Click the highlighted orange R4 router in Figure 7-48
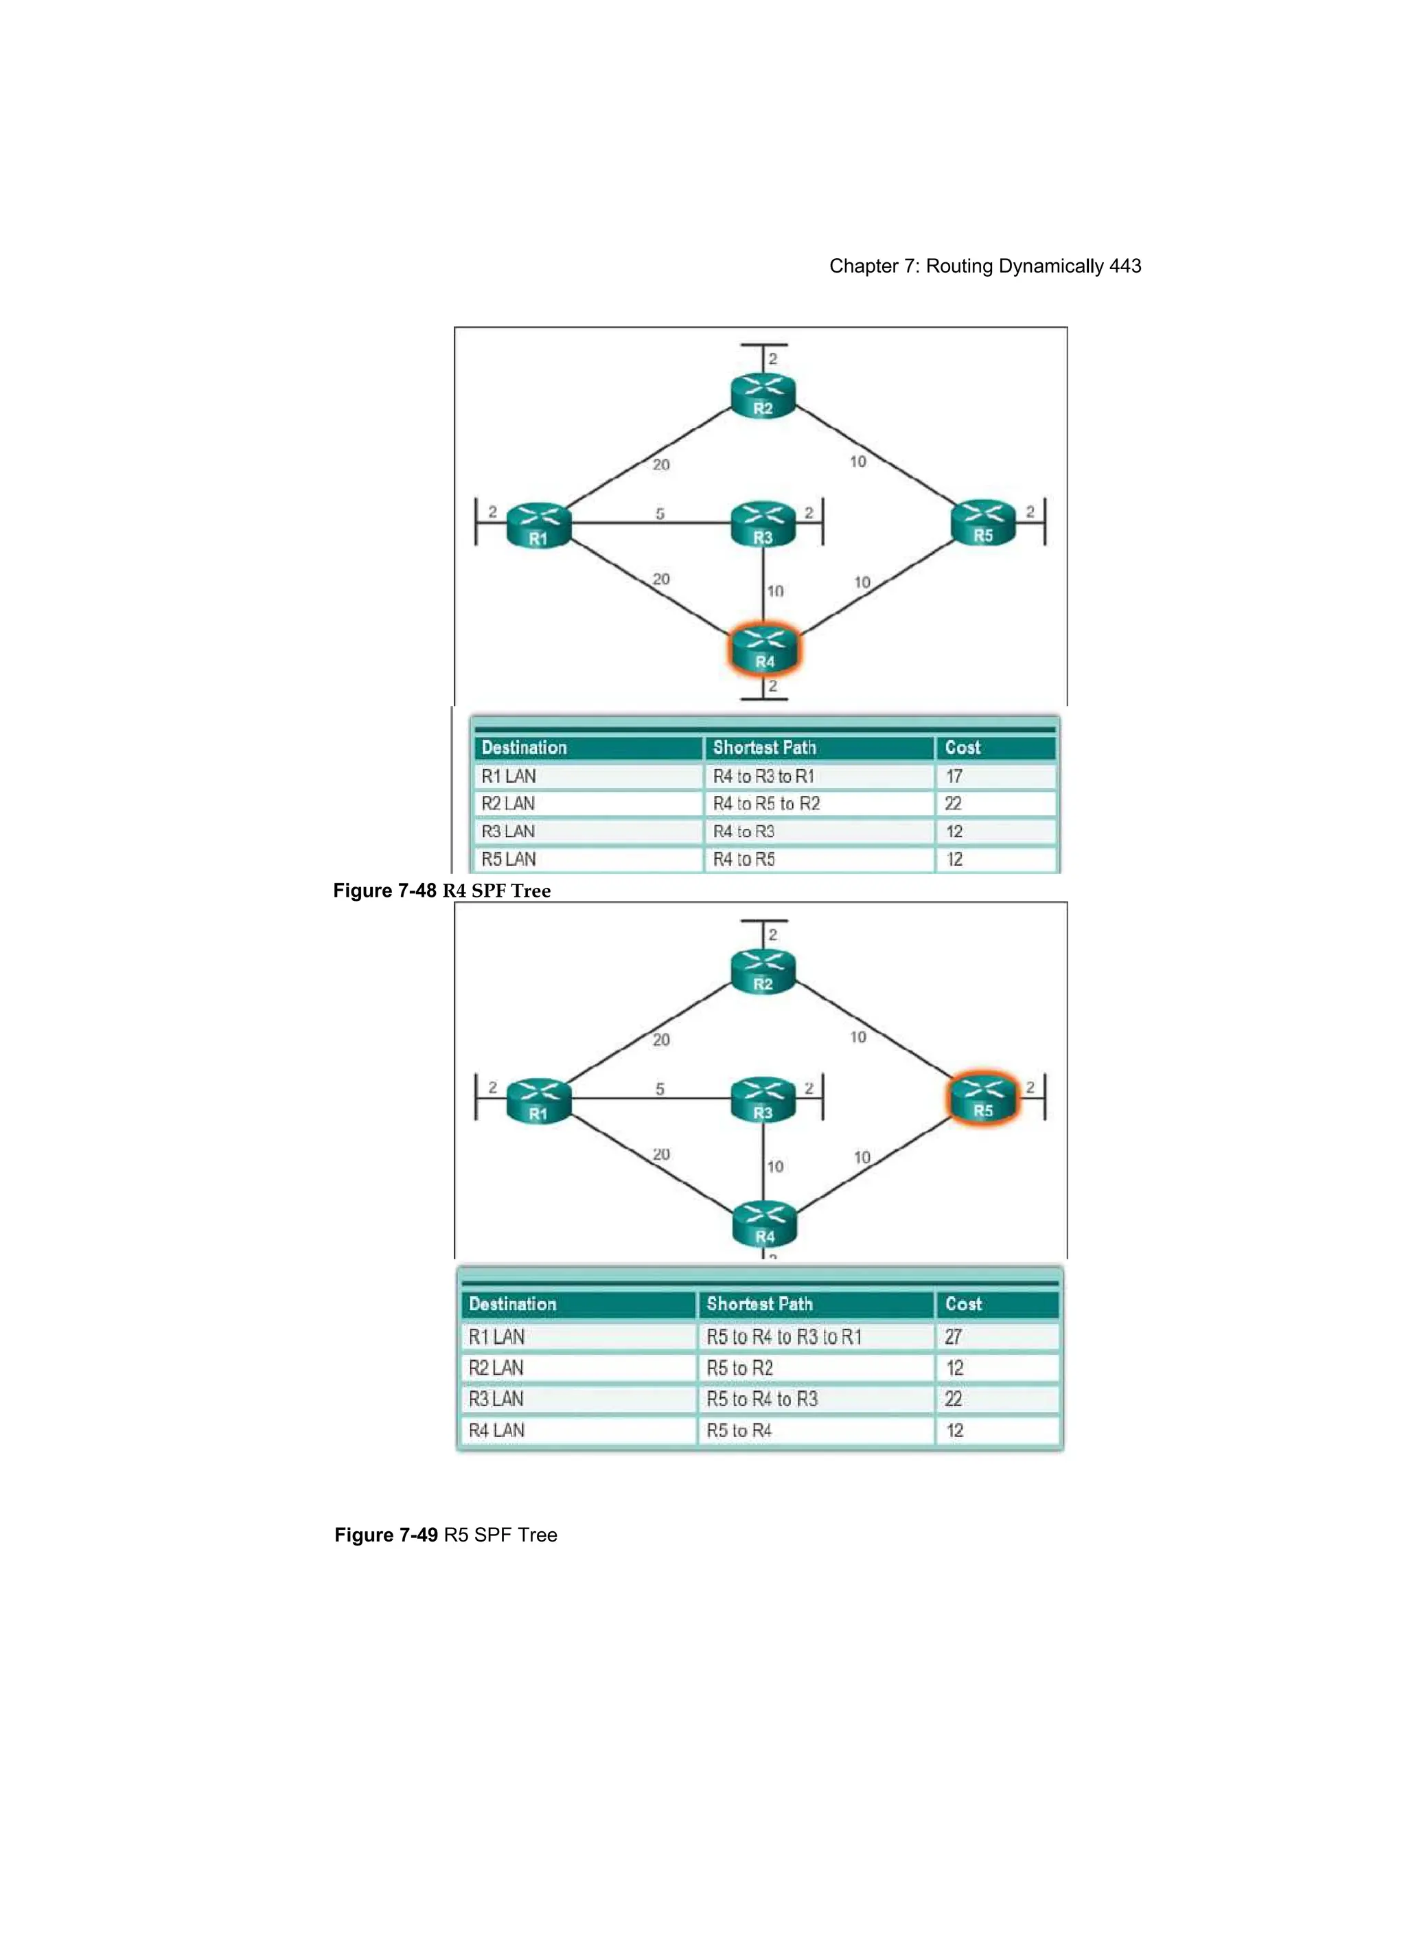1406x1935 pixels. point(763,650)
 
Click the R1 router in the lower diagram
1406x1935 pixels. point(538,1101)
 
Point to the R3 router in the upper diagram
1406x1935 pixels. point(763,525)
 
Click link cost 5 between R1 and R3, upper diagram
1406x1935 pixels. point(660,514)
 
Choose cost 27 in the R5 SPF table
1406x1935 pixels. point(953,1337)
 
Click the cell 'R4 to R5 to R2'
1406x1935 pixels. point(766,803)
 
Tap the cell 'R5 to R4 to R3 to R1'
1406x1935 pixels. point(783,1337)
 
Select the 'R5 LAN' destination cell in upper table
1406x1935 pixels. point(509,859)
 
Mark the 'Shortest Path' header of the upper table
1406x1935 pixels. point(764,747)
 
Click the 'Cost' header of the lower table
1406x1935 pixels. point(963,1304)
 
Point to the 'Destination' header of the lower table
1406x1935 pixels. point(512,1304)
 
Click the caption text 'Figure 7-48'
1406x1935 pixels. point(384,891)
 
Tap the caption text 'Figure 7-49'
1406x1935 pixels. point(386,1535)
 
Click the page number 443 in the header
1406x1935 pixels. point(1125,266)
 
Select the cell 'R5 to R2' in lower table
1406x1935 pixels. point(739,1369)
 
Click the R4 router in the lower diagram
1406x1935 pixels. point(763,1225)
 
